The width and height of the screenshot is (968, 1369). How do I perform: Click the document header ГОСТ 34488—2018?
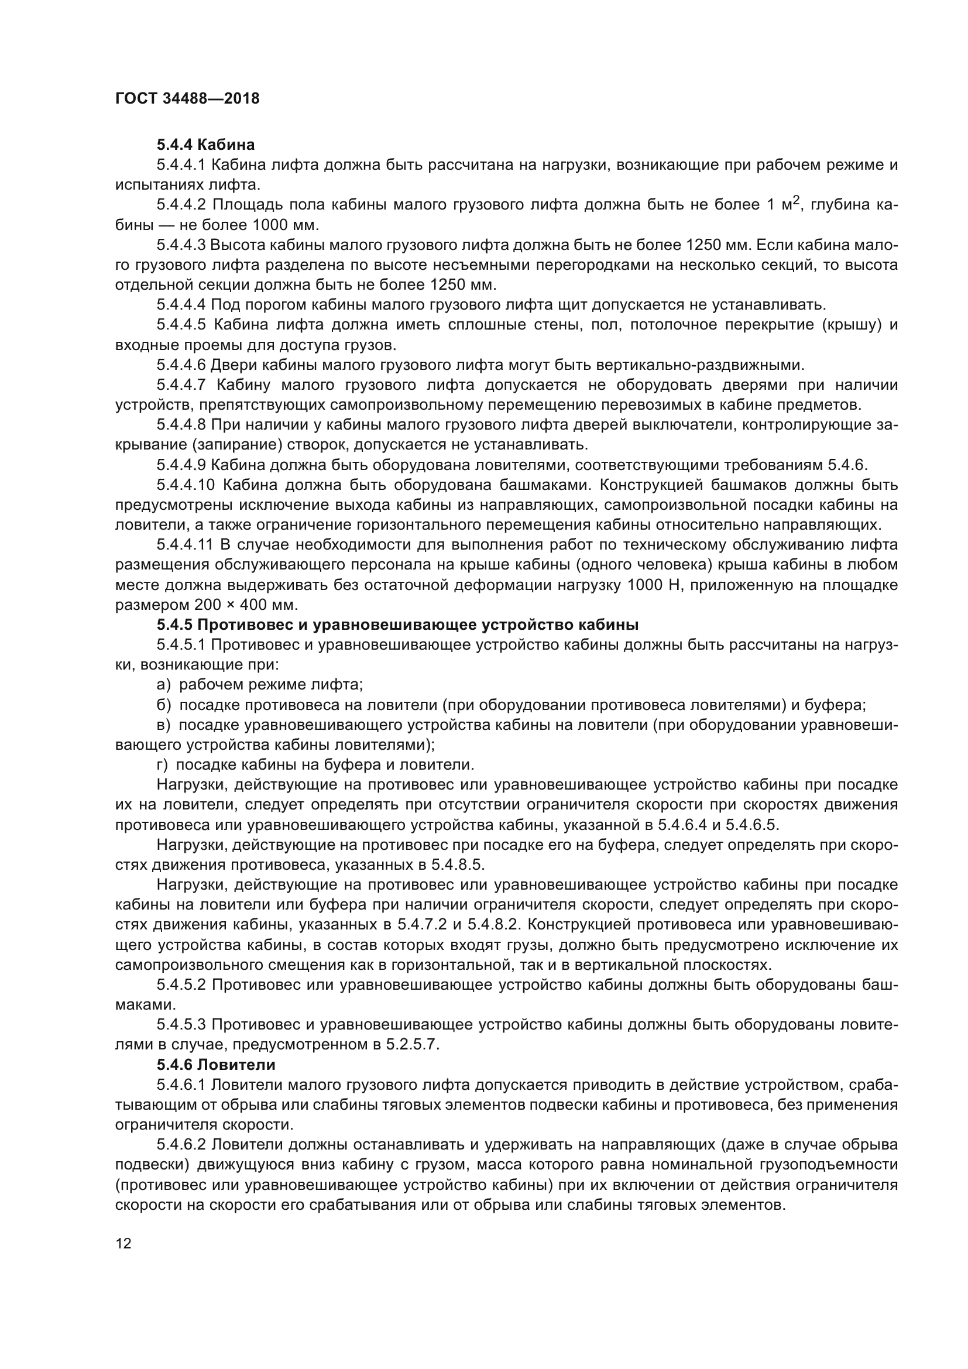click(x=187, y=99)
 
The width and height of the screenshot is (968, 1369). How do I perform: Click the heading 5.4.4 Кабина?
click(x=205, y=145)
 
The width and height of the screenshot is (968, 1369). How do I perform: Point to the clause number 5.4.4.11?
click(x=185, y=545)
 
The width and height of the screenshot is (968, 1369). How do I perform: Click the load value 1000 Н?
click(x=653, y=585)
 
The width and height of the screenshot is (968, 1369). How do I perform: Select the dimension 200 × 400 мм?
click(x=246, y=605)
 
